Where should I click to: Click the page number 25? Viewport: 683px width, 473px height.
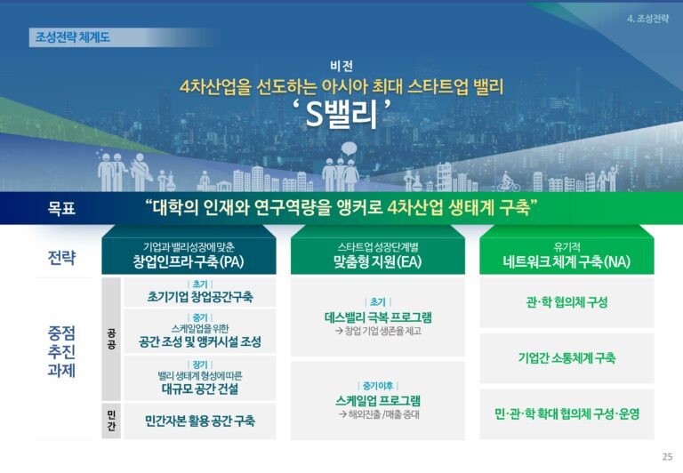667,456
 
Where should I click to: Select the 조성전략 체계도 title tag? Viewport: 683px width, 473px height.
73,37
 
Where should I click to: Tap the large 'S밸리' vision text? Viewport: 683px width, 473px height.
341,114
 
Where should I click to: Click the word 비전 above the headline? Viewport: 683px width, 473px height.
341,66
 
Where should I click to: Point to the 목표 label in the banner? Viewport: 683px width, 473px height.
61,208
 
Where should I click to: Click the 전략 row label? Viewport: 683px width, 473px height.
61,258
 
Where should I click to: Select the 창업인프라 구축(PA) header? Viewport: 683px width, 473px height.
189,261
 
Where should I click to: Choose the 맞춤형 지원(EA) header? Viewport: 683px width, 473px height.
378,261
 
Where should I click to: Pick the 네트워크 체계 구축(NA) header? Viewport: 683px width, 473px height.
566,261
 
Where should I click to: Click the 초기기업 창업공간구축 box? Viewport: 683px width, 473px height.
200,293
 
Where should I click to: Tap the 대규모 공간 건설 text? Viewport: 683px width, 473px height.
200,389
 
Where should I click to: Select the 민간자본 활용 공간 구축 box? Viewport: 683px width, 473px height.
200,421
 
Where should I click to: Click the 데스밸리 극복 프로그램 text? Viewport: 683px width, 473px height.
378,317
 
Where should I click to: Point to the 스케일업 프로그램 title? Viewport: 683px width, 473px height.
378,400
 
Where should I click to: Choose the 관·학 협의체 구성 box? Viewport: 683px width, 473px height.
566,302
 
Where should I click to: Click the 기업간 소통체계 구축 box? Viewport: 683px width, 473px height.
566,358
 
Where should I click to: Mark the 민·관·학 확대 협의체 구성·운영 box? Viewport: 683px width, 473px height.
566,414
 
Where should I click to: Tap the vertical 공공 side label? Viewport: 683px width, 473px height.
111,340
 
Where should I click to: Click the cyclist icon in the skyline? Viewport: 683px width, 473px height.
509,182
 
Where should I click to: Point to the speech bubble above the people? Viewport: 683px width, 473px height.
349,149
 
